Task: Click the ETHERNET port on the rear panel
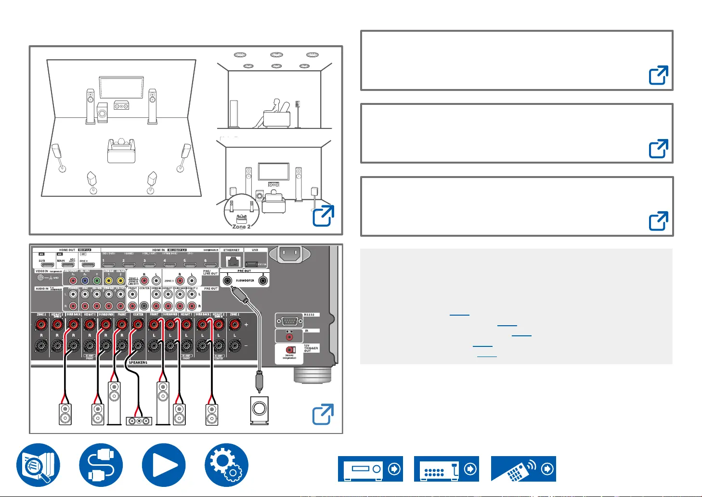coord(233,261)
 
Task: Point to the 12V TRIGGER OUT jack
coord(290,350)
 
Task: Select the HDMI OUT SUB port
coord(47,265)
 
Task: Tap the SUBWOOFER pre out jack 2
coord(263,280)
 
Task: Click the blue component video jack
coord(85,280)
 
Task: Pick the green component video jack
coord(97,280)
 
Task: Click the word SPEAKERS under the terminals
coord(138,362)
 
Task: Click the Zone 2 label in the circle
coord(241,227)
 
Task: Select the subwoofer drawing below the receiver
coord(259,410)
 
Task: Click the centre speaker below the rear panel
coord(139,421)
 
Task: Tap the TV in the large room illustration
coord(121,87)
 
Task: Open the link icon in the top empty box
coord(658,76)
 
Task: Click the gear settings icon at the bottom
coord(226,465)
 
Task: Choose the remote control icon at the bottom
coord(523,469)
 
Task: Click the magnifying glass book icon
coord(38,465)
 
